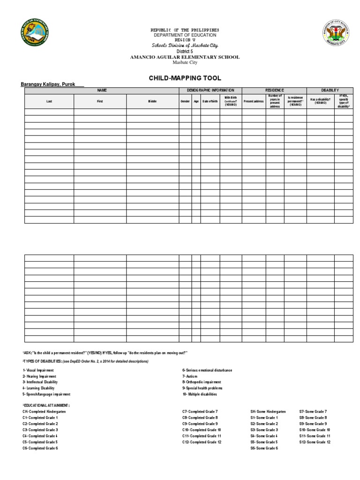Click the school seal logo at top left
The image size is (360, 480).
pyautogui.click(x=35, y=36)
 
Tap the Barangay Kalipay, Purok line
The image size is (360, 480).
pyautogui.click(x=52, y=84)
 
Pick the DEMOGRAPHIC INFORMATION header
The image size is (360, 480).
pyautogui.click(x=210, y=90)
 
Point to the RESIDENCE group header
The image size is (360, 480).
pyautogui.click(x=274, y=90)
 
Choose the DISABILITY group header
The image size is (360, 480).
pyautogui.click(x=330, y=90)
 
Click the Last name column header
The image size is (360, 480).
pyautogui.click(x=49, y=101)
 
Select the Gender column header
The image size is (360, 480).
pyautogui.click(x=185, y=101)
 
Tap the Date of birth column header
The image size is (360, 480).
pyautogui.click(x=210, y=101)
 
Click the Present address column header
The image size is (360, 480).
pyautogui.click(x=254, y=101)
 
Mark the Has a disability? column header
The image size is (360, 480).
pyautogui.click(x=320, y=101)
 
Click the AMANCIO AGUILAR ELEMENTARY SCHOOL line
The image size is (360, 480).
pyautogui.click(x=184, y=57)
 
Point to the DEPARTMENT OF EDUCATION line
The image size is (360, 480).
pyautogui.click(x=184, y=35)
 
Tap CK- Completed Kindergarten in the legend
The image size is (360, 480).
pyautogui.click(x=44, y=411)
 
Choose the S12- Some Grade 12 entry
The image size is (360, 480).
pyautogui.click(x=315, y=442)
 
